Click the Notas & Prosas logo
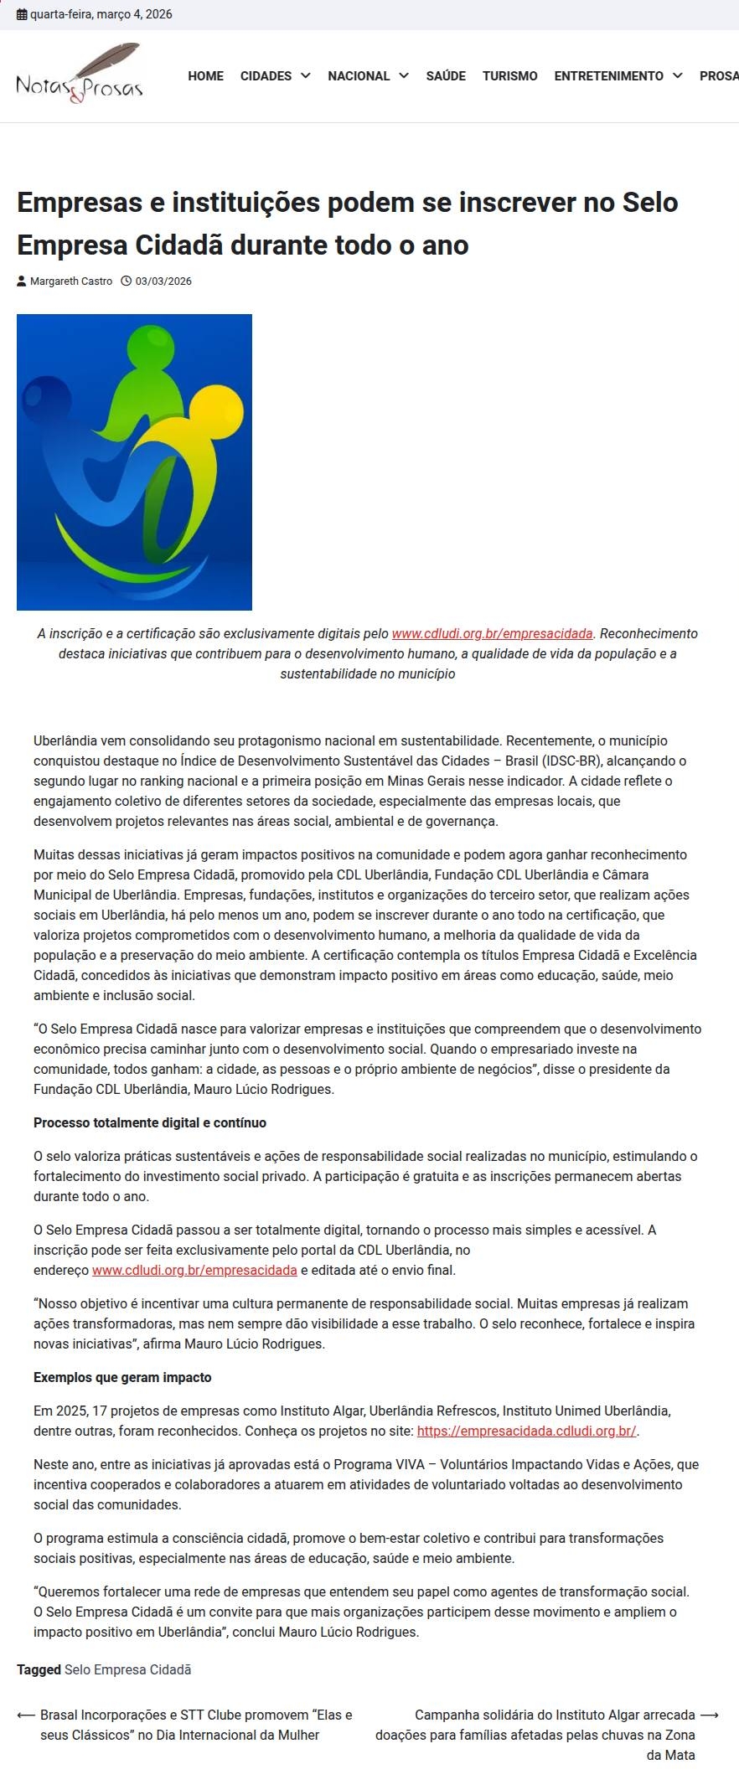click(80, 75)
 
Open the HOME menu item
click(205, 76)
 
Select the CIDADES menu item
click(266, 76)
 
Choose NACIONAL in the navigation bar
click(359, 76)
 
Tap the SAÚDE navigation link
click(446, 76)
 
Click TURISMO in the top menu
click(509, 76)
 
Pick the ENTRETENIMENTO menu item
click(608, 76)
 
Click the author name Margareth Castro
click(71, 281)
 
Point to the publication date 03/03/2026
click(163, 281)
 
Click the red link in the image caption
click(492, 634)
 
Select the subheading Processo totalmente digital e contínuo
click(150, 1122)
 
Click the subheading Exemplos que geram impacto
click(122, 1377)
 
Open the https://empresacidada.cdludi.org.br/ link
click(527, 1431)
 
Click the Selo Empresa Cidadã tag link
click(127, 1669)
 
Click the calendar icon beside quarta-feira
click(22, 14)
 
